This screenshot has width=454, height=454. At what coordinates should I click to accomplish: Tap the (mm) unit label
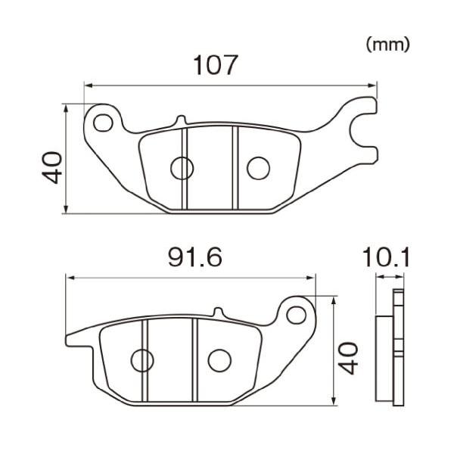387,45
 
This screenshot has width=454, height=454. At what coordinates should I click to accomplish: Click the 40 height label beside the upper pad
52,167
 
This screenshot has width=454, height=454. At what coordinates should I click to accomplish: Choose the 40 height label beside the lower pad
347,358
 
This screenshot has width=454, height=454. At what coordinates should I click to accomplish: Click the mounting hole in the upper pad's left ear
103,122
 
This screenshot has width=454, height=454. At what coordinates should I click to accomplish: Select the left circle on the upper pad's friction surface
182,168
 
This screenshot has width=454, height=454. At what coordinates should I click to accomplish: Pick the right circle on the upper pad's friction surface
258,168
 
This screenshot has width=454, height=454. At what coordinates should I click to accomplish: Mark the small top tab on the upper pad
179,120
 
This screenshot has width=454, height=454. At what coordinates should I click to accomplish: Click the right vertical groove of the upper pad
235,167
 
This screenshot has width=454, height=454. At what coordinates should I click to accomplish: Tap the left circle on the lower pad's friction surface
142,360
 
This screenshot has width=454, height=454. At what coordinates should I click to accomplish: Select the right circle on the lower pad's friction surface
219,360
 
